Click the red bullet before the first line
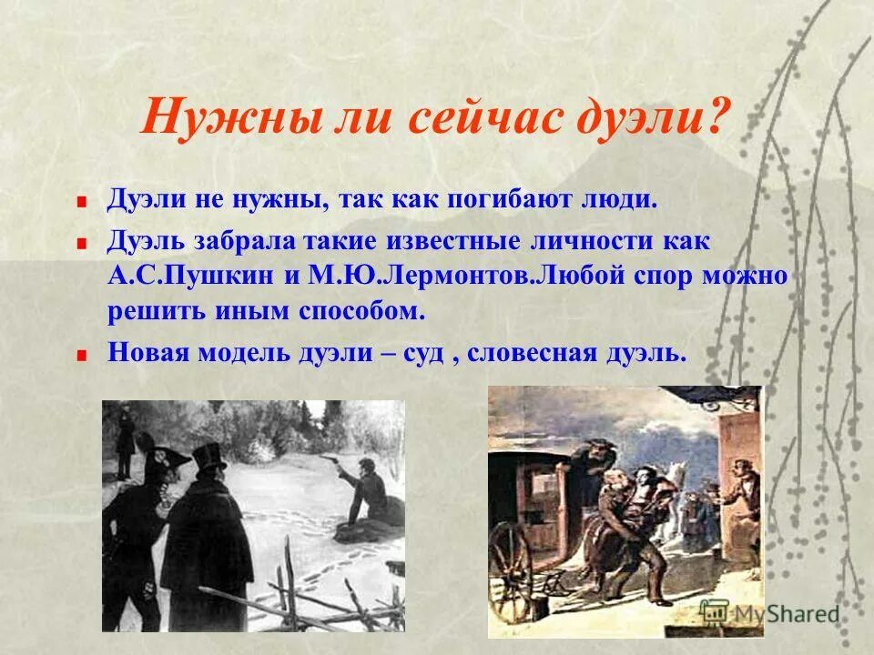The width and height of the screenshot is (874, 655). point(83,202)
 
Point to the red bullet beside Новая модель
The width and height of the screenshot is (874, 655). point(83,355)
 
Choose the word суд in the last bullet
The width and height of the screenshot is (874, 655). point(418,353)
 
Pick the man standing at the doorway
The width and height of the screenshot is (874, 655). point(741,509)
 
